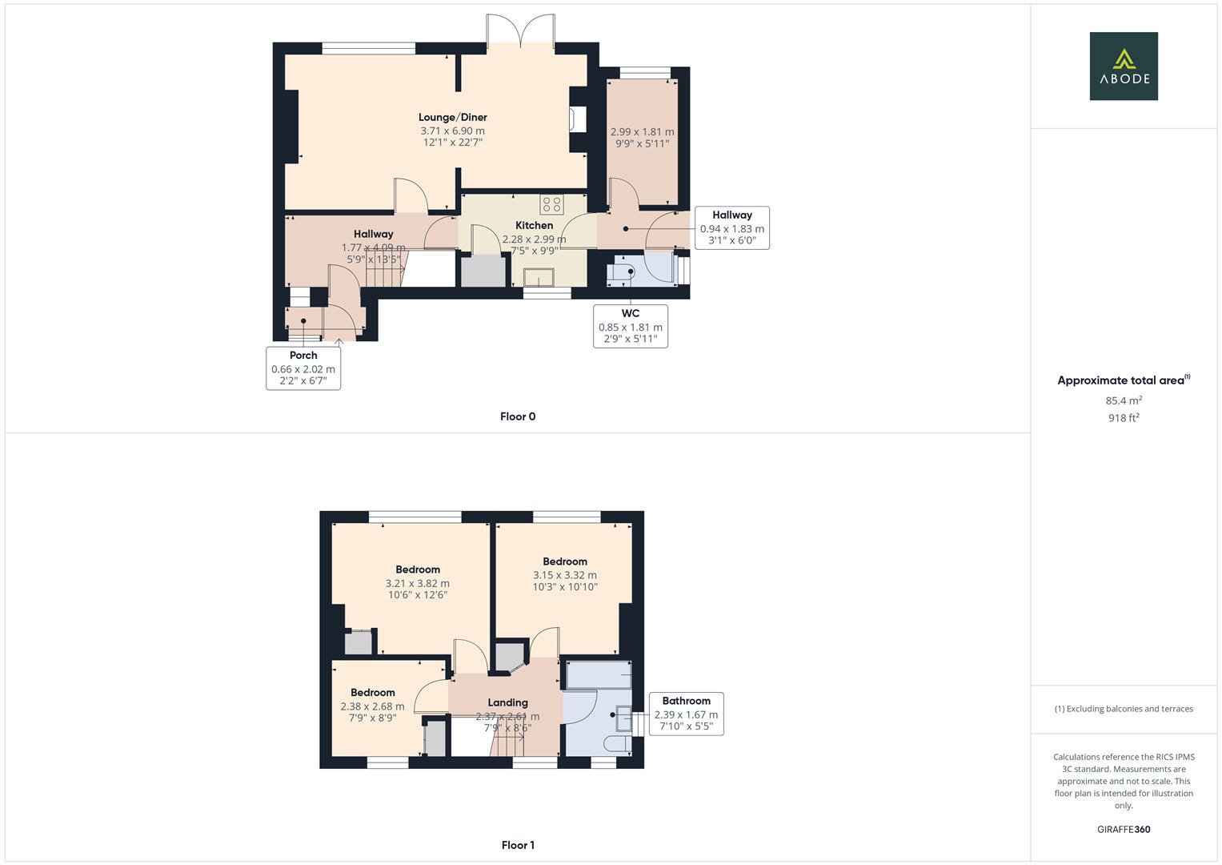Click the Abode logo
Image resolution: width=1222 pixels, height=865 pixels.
[1124, 66]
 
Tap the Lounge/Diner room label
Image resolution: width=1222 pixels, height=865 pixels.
[452, 118]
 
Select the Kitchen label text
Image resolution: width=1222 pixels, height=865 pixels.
[534, 226]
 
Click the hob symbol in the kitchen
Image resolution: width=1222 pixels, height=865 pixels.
[551, 204]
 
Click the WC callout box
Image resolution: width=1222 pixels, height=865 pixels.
[631, 326]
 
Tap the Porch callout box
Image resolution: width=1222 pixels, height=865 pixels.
[303, 368]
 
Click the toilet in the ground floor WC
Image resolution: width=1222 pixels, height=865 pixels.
[621, 272]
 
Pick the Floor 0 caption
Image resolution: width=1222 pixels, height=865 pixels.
[518, 416]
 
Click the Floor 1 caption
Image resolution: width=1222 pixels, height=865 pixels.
[518, 845]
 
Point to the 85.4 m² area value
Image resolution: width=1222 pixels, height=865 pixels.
[1124, 400]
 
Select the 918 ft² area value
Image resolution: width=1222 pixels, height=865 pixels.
[1124, 418]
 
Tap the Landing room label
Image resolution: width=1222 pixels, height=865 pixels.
[507, 702]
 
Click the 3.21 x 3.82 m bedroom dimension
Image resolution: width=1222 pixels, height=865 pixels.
[417, 584]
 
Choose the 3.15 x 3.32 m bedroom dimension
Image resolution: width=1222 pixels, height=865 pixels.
[564, 575]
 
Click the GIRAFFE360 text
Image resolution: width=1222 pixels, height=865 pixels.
[1124, 830]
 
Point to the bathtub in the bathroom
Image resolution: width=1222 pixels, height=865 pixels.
[599, 675]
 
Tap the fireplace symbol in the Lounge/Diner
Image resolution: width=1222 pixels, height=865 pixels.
[576, 119]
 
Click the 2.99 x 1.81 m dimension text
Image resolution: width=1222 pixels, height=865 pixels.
[642, 132]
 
